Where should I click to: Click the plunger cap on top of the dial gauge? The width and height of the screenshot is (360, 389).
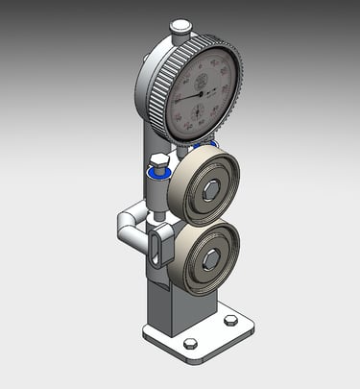tap(180, 28)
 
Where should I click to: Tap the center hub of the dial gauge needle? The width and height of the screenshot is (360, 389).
tap(202, 94)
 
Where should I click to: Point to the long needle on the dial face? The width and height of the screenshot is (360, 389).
tap(188, 96)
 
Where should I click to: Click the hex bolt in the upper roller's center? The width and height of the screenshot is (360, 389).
tap(210, 189)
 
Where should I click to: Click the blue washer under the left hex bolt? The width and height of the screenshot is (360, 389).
tap(157, 174)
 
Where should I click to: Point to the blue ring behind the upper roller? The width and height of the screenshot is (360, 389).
tap(204, 145)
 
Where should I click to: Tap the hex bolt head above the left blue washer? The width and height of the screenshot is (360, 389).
tap(158, 159)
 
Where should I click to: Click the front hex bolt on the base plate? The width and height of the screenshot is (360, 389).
tap(190, 343)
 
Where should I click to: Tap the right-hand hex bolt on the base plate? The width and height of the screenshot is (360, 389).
tap(230, 320)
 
